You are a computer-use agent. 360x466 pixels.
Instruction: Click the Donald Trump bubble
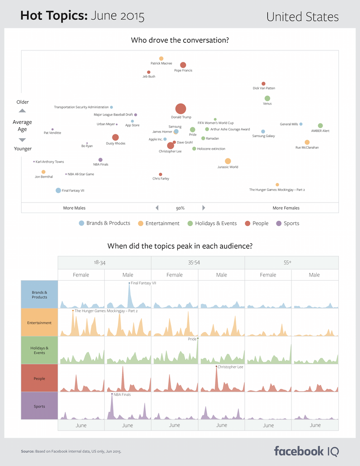pyautogui.click(x=180, y=109)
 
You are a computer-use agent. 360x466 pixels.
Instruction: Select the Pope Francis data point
pyautogui.click(x=183, y=65)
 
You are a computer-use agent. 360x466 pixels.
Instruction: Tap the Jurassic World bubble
pyautogui.click(x=228, y=161)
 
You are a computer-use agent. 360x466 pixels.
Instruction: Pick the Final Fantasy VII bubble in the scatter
pyautogui.click(x=59, y=191)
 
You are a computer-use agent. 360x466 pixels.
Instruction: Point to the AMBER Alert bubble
pyautogui.click(x=320, y=126)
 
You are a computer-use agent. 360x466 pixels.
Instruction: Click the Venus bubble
pyautogui.click(x=267, y=98)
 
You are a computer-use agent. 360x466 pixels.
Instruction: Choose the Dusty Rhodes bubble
pyautogui.click(x=115, y=138)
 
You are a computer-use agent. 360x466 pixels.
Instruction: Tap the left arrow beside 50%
pyautogui.click(x=157, y=208)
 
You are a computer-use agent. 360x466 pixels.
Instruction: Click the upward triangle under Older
pyautogui.click(x=22, y=111)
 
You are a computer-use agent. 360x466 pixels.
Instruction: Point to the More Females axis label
pyautogui.click(x=286, y=208)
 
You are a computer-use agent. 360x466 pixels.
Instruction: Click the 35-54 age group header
pyautogui.click(x=198, y=263)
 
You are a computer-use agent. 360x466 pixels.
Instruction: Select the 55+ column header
pyautogui.click(x=291, y=263)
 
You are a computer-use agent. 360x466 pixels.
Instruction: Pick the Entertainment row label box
pyautogui.click(x=39, y=323)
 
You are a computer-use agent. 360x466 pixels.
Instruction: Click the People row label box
pyautogui.click(x=39, y=379)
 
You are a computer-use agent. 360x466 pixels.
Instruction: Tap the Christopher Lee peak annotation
pyautogui.click(x=230, y=367)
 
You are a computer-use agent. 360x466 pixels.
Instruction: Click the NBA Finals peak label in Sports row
pyautogui.click(x=122, y=395)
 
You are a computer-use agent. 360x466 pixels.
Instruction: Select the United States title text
pyautogui.click(x=302, y=17)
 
